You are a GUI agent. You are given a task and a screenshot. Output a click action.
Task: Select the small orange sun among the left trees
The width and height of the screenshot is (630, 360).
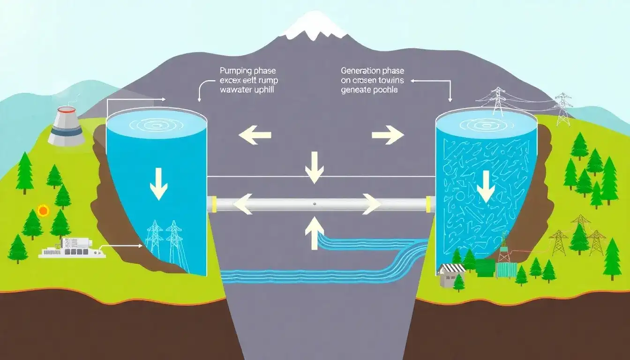click(43, 211)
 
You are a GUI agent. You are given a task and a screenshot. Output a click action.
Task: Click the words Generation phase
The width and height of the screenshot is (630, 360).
click(372, 71)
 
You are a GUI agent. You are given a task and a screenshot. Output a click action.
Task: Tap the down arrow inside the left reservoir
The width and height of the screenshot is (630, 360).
click(158, 184)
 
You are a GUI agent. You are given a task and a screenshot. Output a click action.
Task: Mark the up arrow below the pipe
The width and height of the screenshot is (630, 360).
click(314, 234)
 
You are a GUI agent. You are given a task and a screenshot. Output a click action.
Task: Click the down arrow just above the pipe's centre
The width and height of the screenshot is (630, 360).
click(314, 167)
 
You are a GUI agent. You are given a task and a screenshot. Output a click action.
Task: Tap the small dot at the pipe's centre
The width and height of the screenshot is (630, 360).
click(314, 204)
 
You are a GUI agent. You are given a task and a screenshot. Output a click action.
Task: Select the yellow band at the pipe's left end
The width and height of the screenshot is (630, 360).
click(214, 204)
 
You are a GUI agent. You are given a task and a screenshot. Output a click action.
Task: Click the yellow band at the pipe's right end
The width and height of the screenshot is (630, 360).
click(427, 204)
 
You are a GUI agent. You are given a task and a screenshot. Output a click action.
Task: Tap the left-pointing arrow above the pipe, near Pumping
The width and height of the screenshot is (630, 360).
click(255, 135)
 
